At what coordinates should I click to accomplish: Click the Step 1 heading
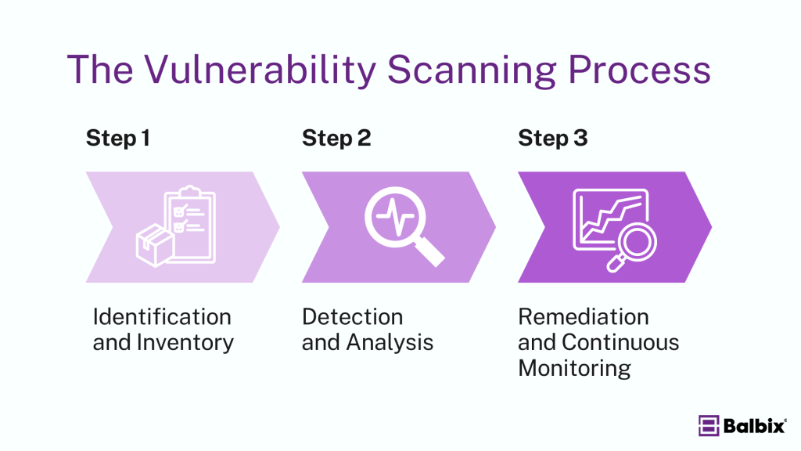(x=117, y=139)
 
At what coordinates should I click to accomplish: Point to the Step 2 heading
(x=336, y=139)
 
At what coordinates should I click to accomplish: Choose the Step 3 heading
(x=553, y=139)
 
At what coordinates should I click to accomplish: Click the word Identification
(x=162, y=317)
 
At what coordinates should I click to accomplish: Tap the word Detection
(x=353, y=317)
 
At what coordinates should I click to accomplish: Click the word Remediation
(x=584, y=317)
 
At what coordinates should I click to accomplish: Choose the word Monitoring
(x=574, y=368)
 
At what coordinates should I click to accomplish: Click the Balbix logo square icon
(x=709, y=426)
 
